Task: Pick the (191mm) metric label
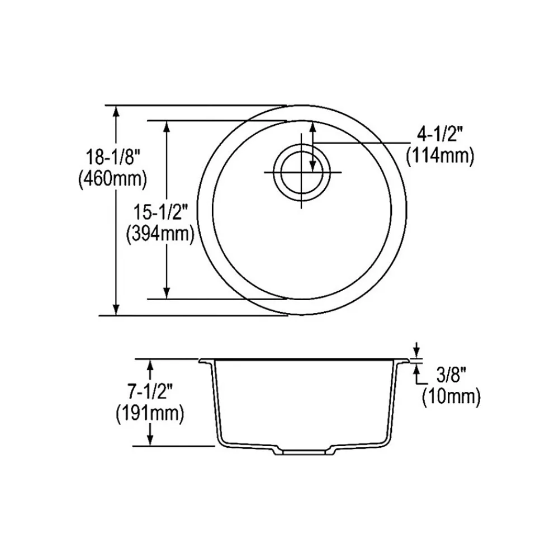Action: tap(150, 414)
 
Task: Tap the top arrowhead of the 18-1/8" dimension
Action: tap(116, 110)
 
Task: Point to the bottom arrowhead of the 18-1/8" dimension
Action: tap(116, 309)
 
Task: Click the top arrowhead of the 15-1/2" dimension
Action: tap(166, 126)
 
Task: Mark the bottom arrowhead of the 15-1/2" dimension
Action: tap(166, 293)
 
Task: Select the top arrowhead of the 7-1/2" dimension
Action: tap(150, 364)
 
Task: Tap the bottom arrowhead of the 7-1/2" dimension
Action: tap(150, 440)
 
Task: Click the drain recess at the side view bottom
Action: tap(303, 451)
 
